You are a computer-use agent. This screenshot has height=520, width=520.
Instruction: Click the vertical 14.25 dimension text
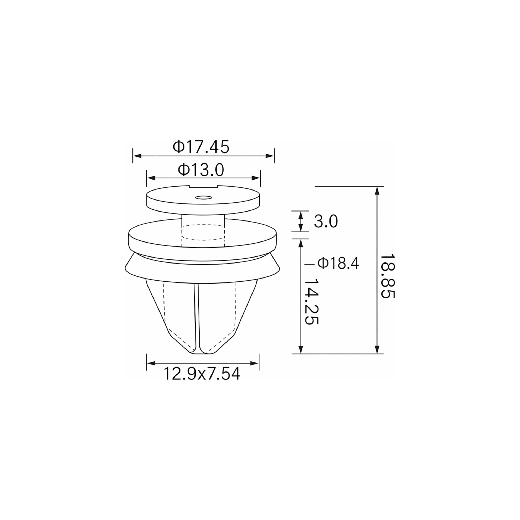[x=311, y=301]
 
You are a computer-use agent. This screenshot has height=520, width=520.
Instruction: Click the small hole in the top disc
[x=203, y=198]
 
